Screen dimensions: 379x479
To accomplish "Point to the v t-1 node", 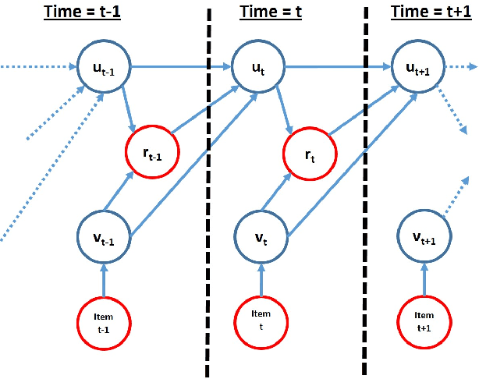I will [x=104, y=233].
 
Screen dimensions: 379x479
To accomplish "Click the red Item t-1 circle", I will [x=104, y=322].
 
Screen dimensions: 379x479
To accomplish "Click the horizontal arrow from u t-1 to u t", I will [x=179, y=67].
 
